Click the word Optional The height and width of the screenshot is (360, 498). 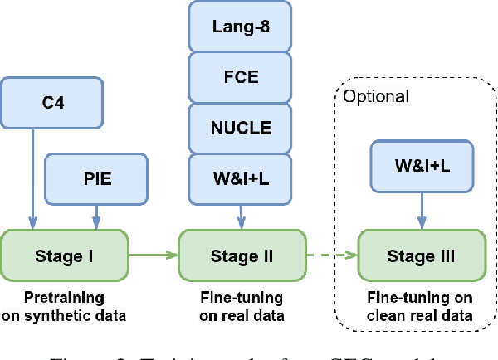(376, 96)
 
